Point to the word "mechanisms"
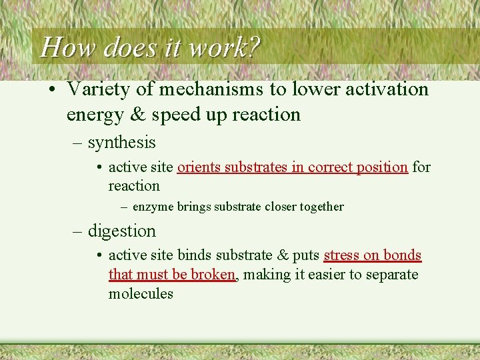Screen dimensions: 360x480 tap(212, 89)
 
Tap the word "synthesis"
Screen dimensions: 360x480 tap(121, 143)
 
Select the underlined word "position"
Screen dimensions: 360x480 tap(381, 167)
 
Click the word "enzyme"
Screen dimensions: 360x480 tap(153, 207)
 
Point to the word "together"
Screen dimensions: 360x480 tap(322, 207)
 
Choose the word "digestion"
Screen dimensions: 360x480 tap(122, 231)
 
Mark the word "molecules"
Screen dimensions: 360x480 tap(141, 294)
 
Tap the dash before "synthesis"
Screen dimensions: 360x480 tap(77, 143)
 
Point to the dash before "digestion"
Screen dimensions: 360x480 tap(77, 231)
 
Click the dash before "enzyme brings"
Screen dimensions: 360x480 tap(124, 207)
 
